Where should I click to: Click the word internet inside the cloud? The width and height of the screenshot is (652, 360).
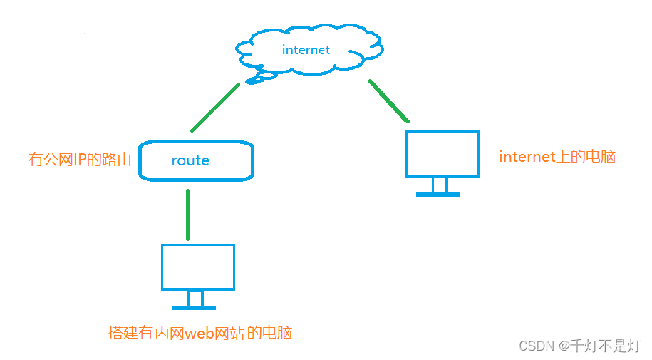[x=306, y=50]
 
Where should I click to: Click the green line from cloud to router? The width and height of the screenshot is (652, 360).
[x=215, y=107]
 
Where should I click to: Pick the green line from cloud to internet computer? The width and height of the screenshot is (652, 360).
[x=389, y=100]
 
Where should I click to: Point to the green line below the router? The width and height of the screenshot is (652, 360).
[x=187, y=214]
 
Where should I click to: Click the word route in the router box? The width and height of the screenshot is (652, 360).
[x=190, y=160]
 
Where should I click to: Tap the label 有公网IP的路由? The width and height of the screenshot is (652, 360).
[x=80, y=160]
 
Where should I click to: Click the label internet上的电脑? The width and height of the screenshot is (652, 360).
[x=557, y=157]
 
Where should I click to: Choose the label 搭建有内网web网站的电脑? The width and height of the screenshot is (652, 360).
[x=200, y=333]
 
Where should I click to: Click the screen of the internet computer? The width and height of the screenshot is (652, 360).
[x=442, y=153]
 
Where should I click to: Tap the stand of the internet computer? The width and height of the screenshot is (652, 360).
[x=440, y=185]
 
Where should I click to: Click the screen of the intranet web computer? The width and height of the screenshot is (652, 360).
[x=198, y=267]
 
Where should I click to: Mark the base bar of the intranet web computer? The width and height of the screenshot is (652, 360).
[x=194, y=308]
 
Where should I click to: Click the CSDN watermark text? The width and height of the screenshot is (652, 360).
[x=537, y=346]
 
